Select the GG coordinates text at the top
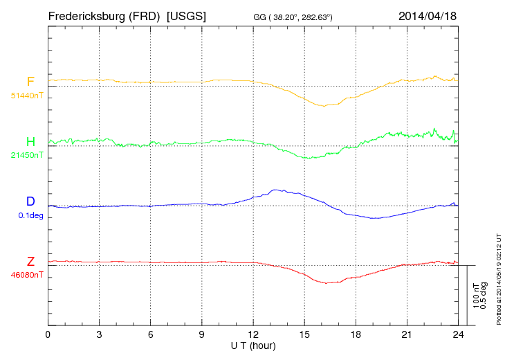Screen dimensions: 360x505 (293, 17)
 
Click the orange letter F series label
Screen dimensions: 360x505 (30, 82)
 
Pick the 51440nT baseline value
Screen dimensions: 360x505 (26, 95)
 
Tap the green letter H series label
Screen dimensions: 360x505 (30, 142)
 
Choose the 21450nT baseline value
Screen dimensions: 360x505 (26, 155)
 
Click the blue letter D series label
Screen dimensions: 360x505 (30, 201)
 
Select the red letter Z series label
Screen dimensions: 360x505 (30, 262)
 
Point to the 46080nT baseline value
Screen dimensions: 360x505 (26, 274)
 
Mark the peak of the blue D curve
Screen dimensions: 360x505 (277, 189)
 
